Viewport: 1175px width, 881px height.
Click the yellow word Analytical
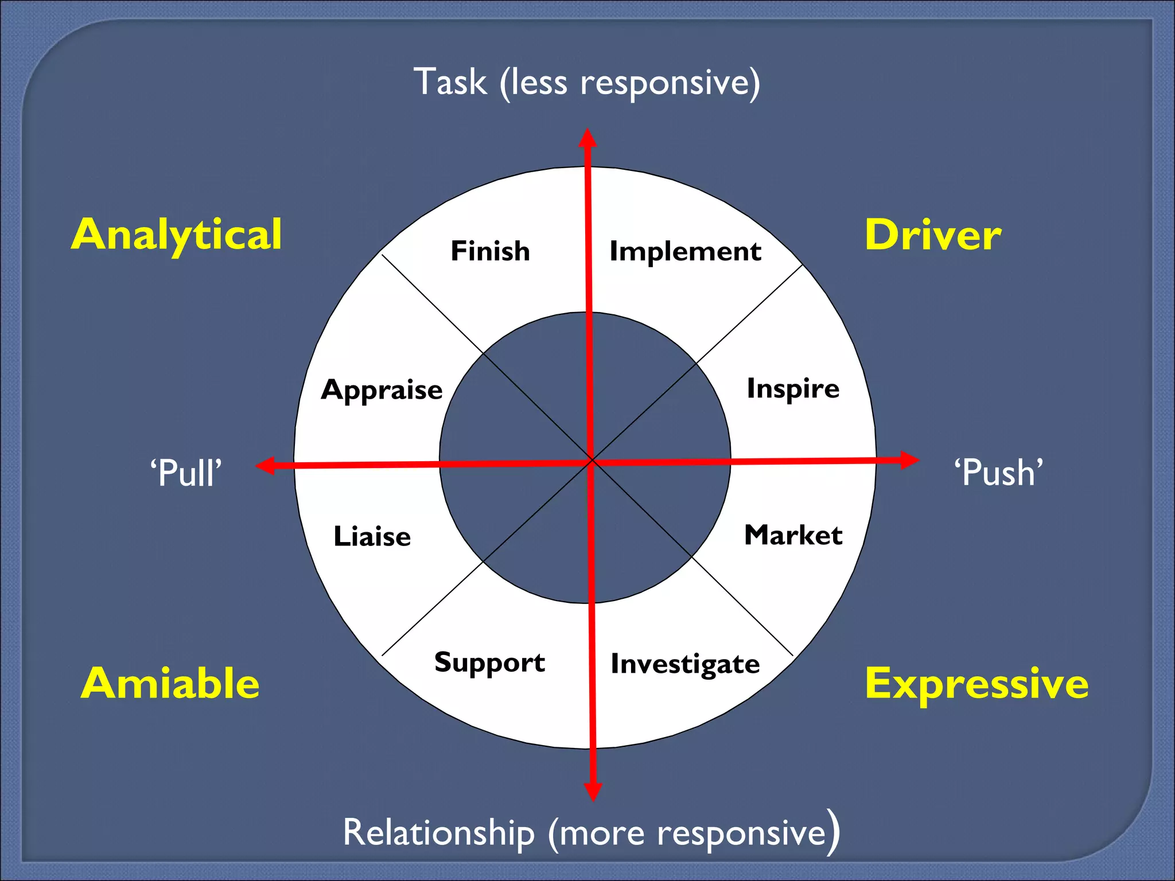pos(177,235)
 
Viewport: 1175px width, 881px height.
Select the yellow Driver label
pos(933,235)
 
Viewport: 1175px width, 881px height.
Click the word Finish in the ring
pos(490,251)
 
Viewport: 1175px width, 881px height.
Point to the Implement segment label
pos(685,251)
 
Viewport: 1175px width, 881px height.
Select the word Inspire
pos(793,389)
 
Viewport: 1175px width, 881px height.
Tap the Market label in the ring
pos(793,535)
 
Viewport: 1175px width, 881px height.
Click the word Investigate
pos(685,664)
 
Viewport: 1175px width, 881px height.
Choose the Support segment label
pos(489,662)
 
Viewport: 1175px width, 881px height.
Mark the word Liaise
pos(372,537)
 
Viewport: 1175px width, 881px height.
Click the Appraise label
pos(382,390)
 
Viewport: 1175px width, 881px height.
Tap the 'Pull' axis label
pos(185,473)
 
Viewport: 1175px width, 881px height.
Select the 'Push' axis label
pos(998,473)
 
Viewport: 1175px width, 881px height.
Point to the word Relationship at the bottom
pos(438,832)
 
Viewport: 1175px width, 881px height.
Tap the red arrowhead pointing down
pos(593,792)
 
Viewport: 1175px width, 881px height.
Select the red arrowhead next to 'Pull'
pos(265,465)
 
